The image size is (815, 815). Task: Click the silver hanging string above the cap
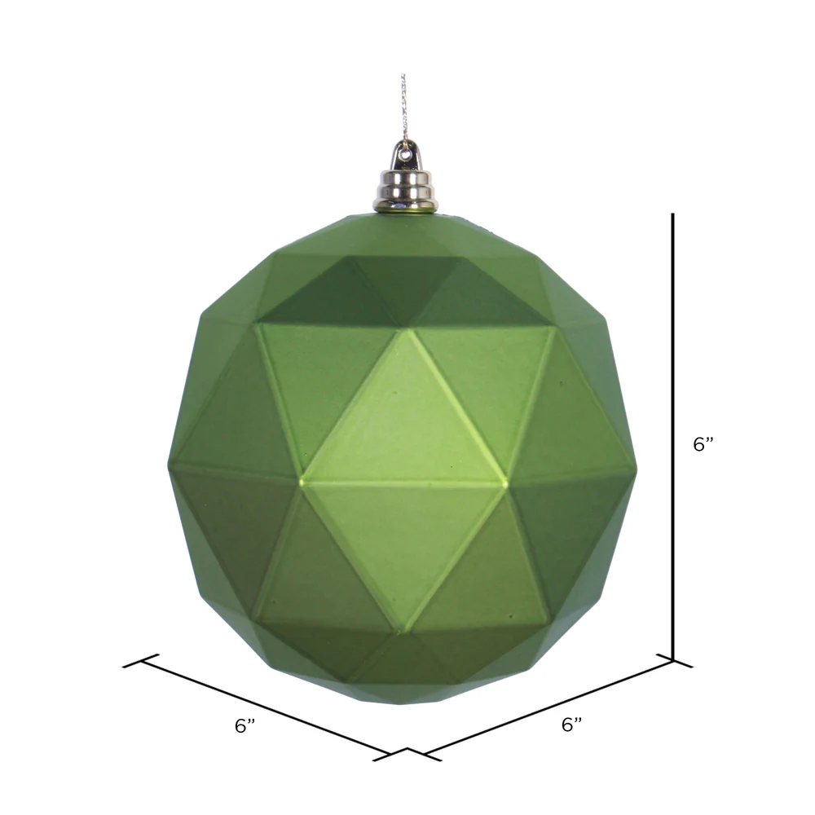click(403, 108)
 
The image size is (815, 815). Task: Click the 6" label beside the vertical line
click(703, 444)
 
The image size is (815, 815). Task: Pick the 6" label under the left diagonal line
click(244, 725)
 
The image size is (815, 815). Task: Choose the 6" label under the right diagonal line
click(571, 724)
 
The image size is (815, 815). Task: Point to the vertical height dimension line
click(672, 437)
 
